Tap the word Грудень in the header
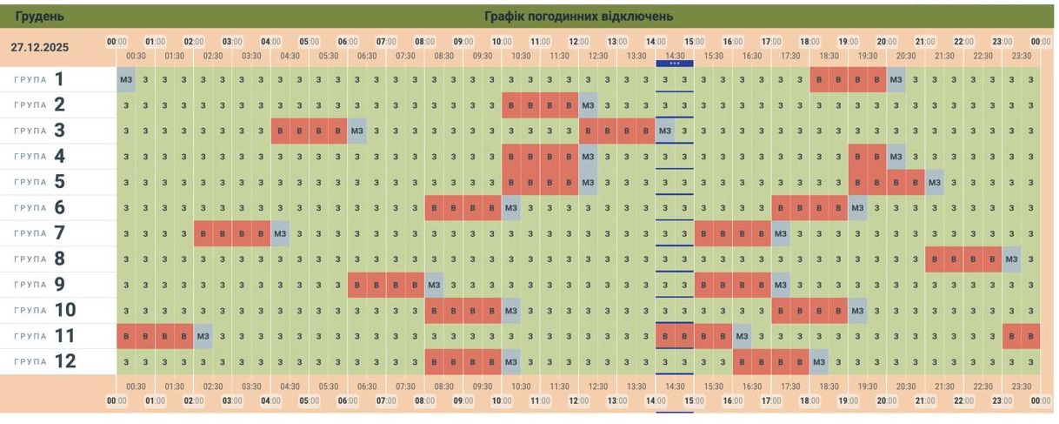coord(39,17)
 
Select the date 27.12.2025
coord(40,48)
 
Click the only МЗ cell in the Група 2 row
coord(588,105)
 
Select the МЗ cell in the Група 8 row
coord(1012,259)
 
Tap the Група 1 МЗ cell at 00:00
coord(126,80)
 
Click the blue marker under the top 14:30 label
coord(674,64)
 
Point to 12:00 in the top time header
coord(578,41)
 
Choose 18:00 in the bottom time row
coord(809,400)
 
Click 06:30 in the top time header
coord(367,56)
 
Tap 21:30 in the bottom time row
coord(944,387)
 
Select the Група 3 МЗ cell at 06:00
coord(357,131)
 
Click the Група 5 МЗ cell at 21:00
coord(935,183)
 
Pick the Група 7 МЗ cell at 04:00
coord(280,234)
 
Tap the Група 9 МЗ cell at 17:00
coord(780,285)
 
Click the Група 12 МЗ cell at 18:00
coord(819,361)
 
